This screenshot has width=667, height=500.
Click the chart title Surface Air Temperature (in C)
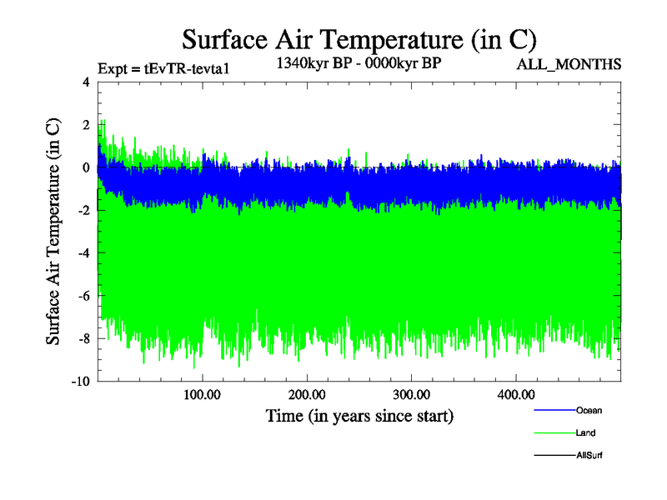tap(359, 39)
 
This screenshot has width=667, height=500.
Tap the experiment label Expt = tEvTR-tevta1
tap(163, 68)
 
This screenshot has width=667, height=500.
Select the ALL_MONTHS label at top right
tap(569, 64)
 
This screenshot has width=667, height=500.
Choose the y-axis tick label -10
tap(81, 382)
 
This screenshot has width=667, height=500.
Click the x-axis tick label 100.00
tap(203, 394)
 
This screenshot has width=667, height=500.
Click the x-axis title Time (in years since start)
tap(359, 415)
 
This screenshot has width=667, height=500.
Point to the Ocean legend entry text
tap(589, 410)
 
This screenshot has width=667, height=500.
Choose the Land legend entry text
tap(585, 432)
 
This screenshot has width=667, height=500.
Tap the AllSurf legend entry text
tap(589, 455)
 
